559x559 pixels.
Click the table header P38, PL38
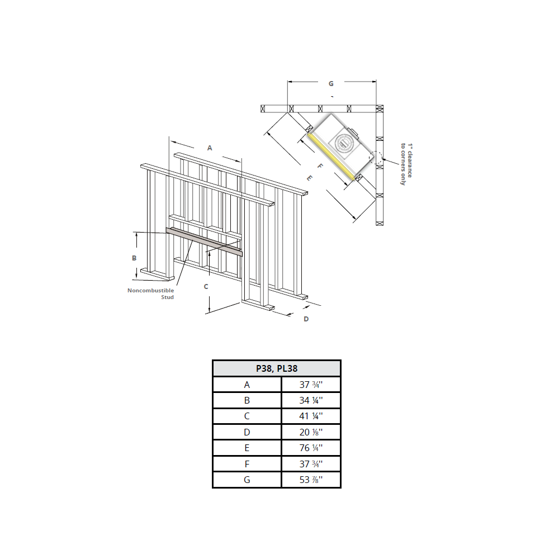[x=276, y=368]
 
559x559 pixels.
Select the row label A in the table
[x=247, y=385]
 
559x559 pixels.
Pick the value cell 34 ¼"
[x=311, y=400]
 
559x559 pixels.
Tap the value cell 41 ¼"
[x=311, y=416]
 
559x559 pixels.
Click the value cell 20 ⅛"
[x=311, y=432]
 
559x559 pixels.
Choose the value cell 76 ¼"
[x=311, y=448]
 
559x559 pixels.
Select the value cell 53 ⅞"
[x=311, y=480]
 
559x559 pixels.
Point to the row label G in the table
[x=247, y=480]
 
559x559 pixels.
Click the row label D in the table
[x=247, y=432]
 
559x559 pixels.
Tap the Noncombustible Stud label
[x=151, y=293]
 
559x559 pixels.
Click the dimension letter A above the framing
[x=210, y=148]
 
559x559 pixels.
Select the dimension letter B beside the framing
[x=134, y=258]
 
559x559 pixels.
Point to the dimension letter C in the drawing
[x=206, y=286]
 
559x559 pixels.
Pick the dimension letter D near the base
[x=306, y=319]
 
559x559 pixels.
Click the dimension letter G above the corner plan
[x=331, y=83]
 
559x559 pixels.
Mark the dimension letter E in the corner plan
[x=309, y=178]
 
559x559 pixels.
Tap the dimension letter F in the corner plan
[x=320, y=166]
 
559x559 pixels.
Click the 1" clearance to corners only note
[x=406, y=164]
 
